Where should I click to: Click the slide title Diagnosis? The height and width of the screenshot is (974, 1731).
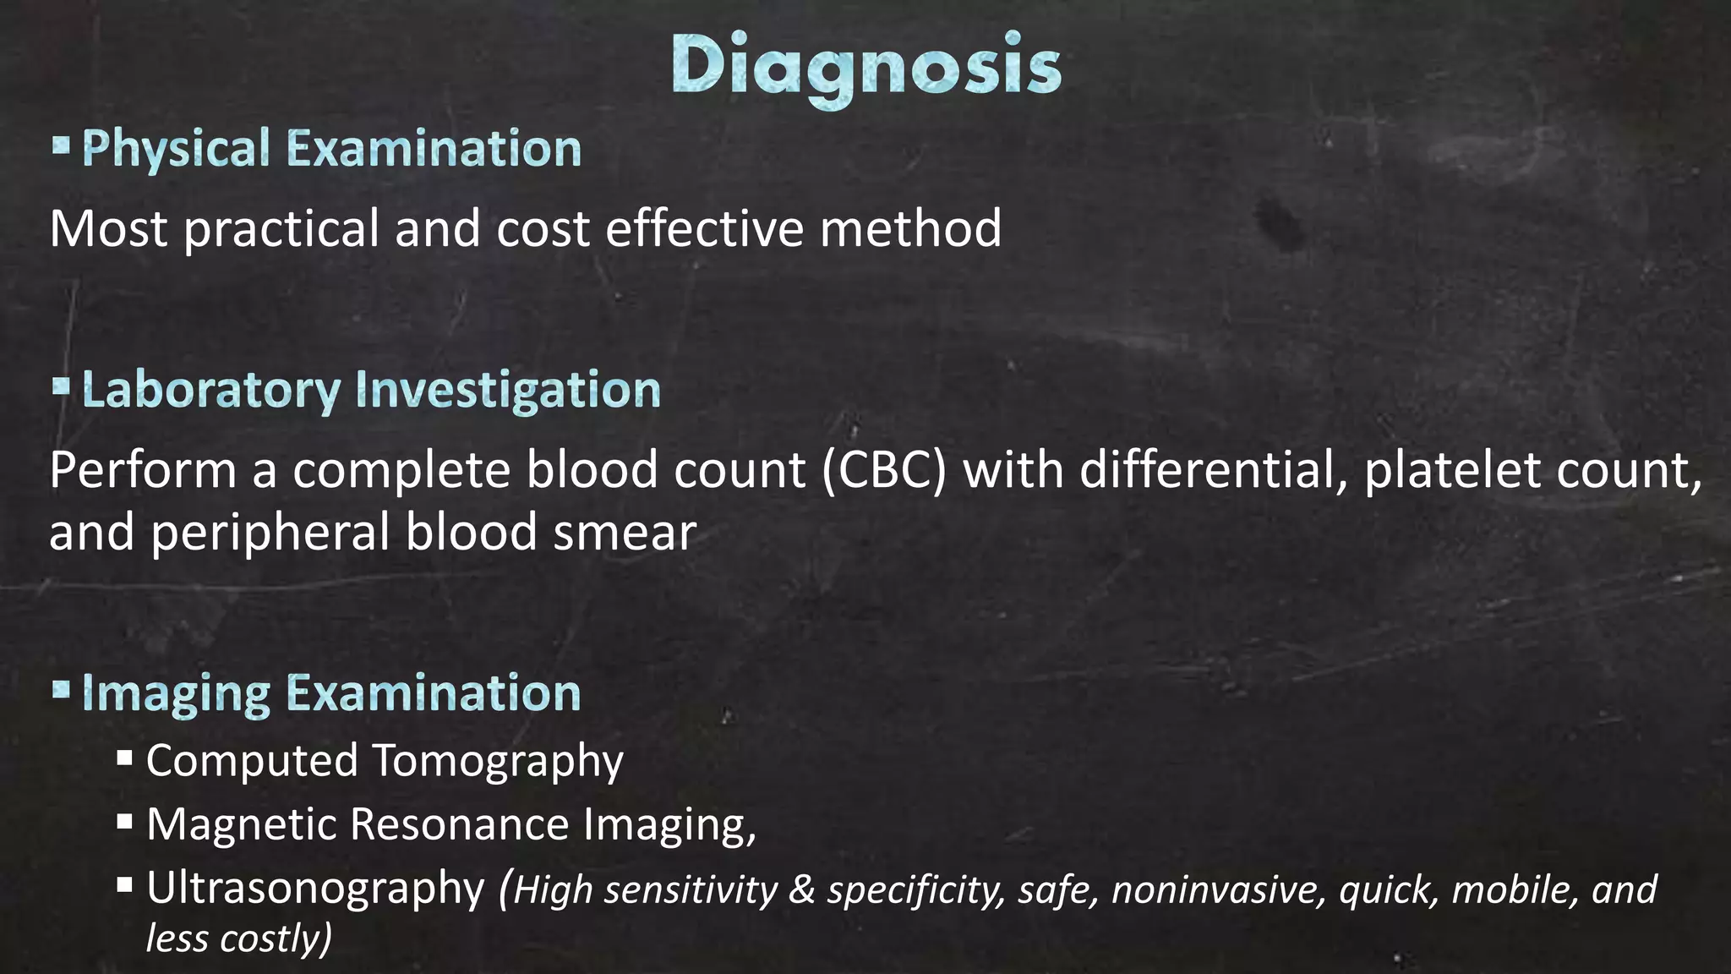[865, 66]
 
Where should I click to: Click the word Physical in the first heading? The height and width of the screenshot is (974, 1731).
[176, 149]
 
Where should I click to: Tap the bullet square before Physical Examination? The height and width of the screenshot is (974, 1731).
[60, 145]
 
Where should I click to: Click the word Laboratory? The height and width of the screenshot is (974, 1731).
[210, 391]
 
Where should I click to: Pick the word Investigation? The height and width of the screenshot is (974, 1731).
[508, 391]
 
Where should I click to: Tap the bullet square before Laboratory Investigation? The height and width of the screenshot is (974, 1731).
[60, 387]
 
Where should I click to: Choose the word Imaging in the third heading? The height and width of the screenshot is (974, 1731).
[176, 695]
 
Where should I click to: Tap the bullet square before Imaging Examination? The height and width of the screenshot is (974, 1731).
[60, 690]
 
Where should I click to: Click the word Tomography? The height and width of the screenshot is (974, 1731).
[498, 760]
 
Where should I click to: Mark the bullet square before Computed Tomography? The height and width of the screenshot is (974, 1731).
[125, 757]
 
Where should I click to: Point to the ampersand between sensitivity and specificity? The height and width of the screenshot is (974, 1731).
[801, 890]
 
